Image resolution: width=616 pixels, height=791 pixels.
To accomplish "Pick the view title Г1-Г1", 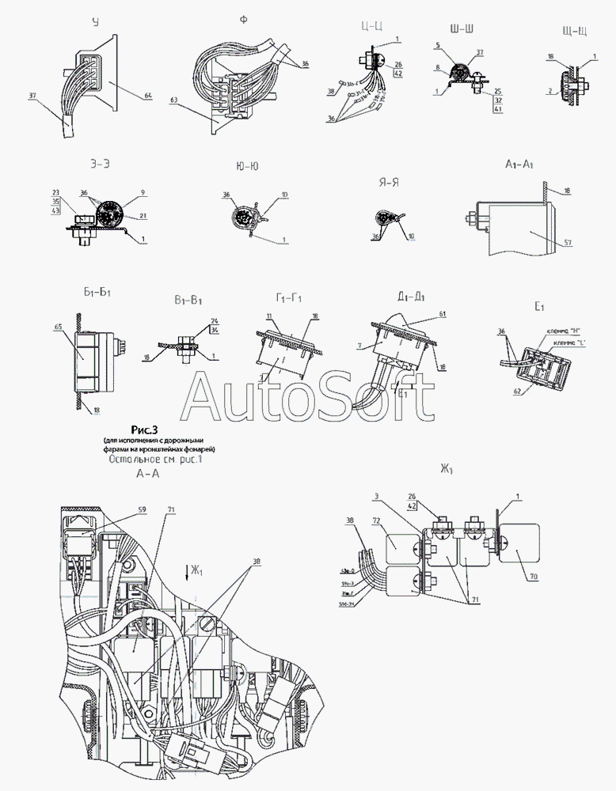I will (289, 297).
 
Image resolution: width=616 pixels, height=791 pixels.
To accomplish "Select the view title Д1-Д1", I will (409, 297).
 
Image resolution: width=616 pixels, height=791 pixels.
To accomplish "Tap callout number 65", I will (59, 325).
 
